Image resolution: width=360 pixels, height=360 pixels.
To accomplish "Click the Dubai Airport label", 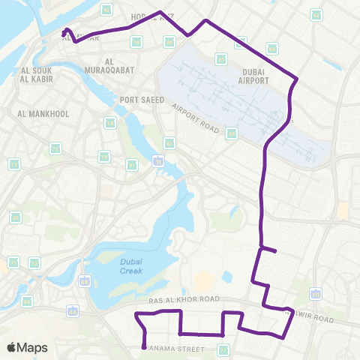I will coord(253,76).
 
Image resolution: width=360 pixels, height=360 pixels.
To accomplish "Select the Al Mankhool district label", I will coord(43,114).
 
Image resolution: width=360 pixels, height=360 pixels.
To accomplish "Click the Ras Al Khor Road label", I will coord(184,299).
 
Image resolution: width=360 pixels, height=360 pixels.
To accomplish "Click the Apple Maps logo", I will coord(28,348).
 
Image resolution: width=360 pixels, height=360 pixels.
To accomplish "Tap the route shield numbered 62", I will coord(316,15).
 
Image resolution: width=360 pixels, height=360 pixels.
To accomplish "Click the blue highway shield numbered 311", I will coord(316,293).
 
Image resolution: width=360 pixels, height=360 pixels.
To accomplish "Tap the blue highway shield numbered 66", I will coord(85,281).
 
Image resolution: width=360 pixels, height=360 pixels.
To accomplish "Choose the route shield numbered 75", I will coord(55,148).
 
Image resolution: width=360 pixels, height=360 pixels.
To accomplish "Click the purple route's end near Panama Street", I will coord(143,347).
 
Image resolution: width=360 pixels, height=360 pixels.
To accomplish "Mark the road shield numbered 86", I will coord(15,217).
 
